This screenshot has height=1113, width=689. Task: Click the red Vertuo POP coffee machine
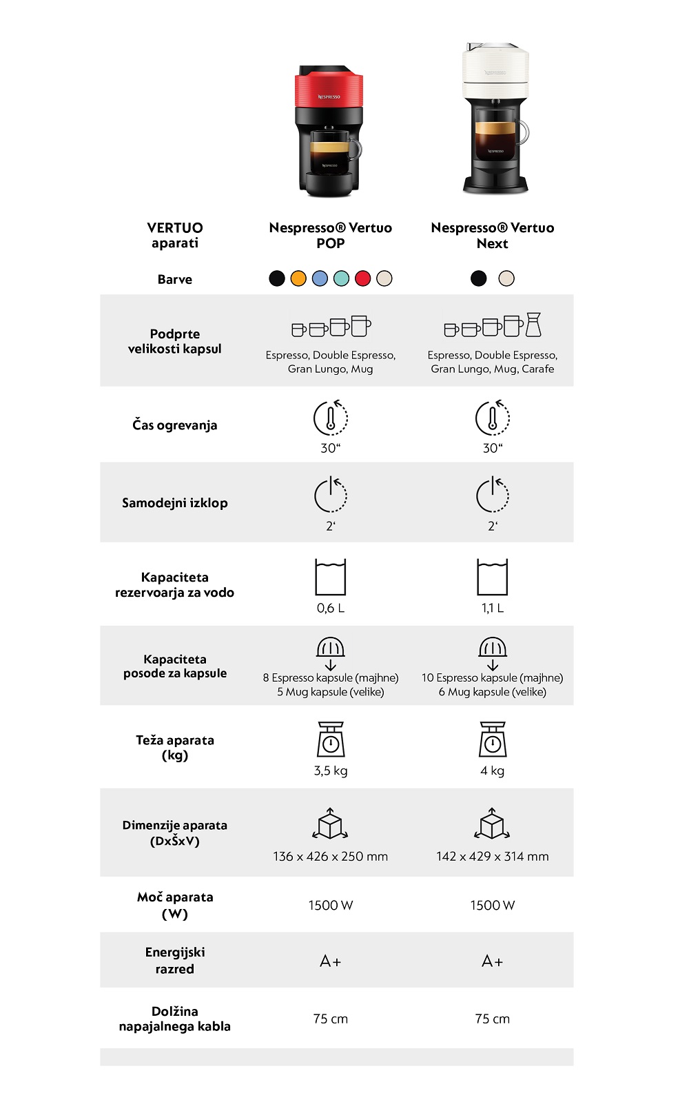click(x=329, y=131)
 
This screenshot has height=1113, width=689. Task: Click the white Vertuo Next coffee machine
click(x=495, y=119)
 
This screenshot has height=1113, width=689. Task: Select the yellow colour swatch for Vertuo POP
click(x=298, y=278)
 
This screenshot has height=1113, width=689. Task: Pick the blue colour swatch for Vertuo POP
click(x=320, y=278)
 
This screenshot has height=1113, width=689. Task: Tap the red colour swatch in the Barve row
click(x=362, y=278)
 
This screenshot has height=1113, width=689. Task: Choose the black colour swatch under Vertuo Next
click(x=478, y=278)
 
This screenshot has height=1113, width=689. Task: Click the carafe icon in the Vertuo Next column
click(x=534, y=325)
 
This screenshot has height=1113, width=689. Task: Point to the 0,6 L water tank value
click(x=331, y=608)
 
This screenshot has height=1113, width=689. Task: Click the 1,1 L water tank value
click(x=493, y=608)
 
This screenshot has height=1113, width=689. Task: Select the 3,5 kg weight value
click(x=331, y=770)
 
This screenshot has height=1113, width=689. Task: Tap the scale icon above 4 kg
click(x=493, y=739)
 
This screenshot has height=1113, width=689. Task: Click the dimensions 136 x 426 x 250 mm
click(x=331, y=857)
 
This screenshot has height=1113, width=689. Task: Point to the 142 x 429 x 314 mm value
click(x=493, y=857)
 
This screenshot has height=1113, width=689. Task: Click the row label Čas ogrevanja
click(x=175, y=425)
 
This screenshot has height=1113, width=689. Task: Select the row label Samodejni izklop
click(x=175, y=503)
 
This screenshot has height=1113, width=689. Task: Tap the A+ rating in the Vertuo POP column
click(x=331, y=961)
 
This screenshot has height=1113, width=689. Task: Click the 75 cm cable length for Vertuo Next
click(x=493, y=1019)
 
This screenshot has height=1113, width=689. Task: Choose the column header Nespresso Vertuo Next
click(x=493, y=235)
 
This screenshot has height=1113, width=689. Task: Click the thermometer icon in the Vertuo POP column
click(x=331, y=418)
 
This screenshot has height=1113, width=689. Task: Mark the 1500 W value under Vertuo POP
click(x=331, y=906)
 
